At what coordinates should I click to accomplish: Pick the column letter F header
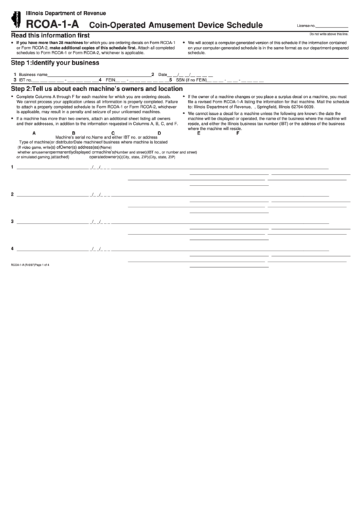click(238, 133)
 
